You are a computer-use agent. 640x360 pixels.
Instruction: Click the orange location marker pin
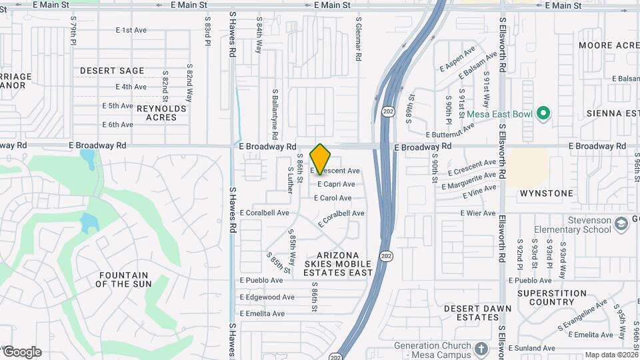[321, 159]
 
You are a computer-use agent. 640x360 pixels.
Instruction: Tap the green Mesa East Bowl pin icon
[543, 114]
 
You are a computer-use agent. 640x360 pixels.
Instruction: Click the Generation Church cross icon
[481, 349]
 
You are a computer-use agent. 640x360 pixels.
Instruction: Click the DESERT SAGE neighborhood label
[112, 71]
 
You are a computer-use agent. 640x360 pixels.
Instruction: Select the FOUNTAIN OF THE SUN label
[123, 279]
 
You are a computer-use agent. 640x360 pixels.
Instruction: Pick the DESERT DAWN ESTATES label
[478, 313]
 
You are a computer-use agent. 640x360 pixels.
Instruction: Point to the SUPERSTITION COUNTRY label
[551, 297]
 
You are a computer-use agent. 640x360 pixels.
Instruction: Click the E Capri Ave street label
[336, 184]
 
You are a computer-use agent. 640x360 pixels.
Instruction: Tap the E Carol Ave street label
[334, 198]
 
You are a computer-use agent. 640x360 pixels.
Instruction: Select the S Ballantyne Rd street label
[275, 110]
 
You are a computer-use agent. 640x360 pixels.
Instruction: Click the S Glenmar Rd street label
[359, 40]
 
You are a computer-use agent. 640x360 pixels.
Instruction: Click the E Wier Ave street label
[478, 213]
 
